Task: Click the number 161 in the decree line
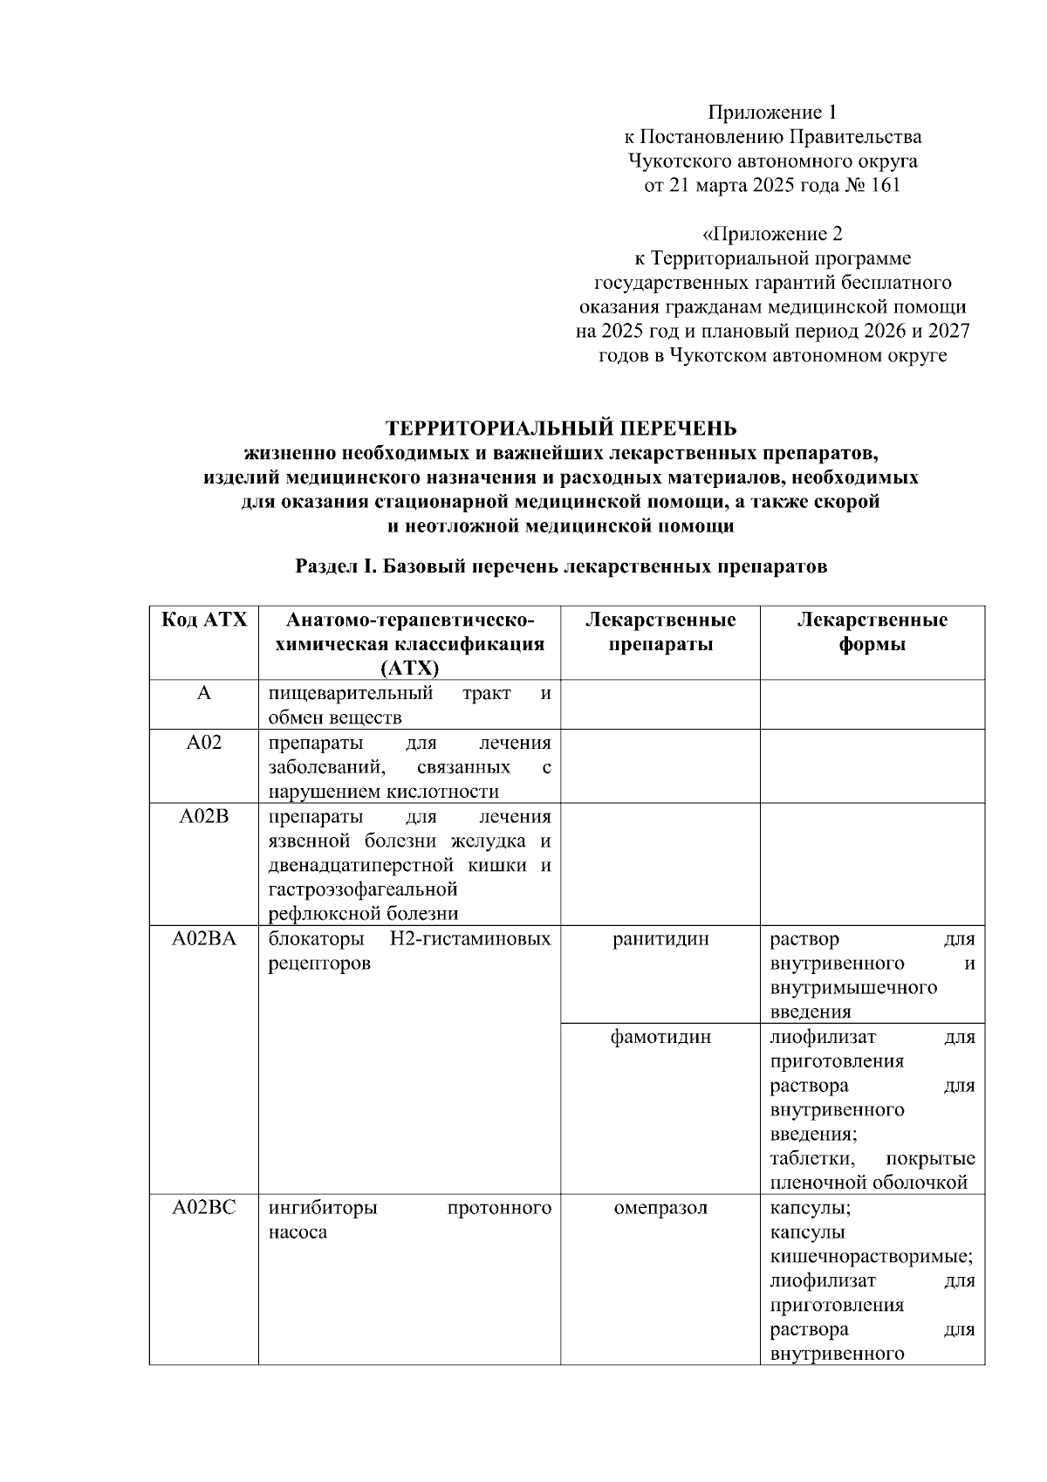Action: click(x=884, y=186)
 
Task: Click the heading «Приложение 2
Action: click(x=772, y=234)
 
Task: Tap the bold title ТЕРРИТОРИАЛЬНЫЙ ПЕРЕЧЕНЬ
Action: click(x=562, y=429)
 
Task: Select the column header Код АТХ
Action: click(x=204, y=621)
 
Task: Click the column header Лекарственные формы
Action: click(x=872, y=633)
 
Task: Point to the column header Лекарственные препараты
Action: click(x=660, y=633)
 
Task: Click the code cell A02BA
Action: click(x=203, y=939)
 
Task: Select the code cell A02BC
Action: click(x=203, y=1208)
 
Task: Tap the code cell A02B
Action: click(x=203, y=817)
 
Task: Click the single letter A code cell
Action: click(x=203, y=694)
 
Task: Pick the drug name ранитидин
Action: click(x=660, y=939)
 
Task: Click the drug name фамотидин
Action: click(x=660, y=1037)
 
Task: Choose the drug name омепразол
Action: click(x=660, y=1208)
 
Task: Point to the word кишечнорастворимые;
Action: click(x=872, y=1257)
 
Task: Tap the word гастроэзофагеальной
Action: click(x=363, y=890)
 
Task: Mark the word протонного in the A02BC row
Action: click(x=499, y=1208)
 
